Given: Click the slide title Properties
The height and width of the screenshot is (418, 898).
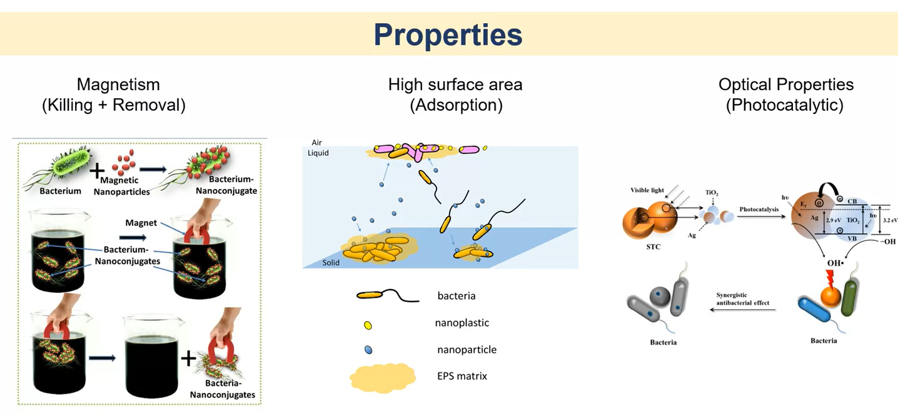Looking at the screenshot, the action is (448, 34).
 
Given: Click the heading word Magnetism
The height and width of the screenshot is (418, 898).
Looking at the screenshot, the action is (118, 84).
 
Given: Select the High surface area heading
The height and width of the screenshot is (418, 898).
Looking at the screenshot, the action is (455, 84).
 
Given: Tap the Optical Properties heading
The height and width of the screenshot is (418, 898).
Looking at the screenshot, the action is (785, 84).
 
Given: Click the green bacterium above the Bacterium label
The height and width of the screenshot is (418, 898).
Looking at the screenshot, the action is (60, 165).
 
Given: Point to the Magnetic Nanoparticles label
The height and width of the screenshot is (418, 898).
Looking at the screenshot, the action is (122, 186).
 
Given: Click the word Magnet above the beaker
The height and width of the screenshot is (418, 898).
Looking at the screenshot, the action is (141, 222).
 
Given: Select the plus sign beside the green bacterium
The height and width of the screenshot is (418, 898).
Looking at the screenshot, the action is (96, 170).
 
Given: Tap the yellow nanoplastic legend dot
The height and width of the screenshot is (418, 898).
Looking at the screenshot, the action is (368, 325).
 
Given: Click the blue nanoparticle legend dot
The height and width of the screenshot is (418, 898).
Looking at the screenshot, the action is (368, 350).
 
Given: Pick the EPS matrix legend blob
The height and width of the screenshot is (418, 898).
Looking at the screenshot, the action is (383, 377).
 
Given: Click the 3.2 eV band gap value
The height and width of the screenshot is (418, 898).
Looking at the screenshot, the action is (890, 220).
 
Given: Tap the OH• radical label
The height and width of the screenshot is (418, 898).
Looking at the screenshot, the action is (836, 263).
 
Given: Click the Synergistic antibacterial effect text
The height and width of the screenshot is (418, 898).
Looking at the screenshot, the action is (742, 299).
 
